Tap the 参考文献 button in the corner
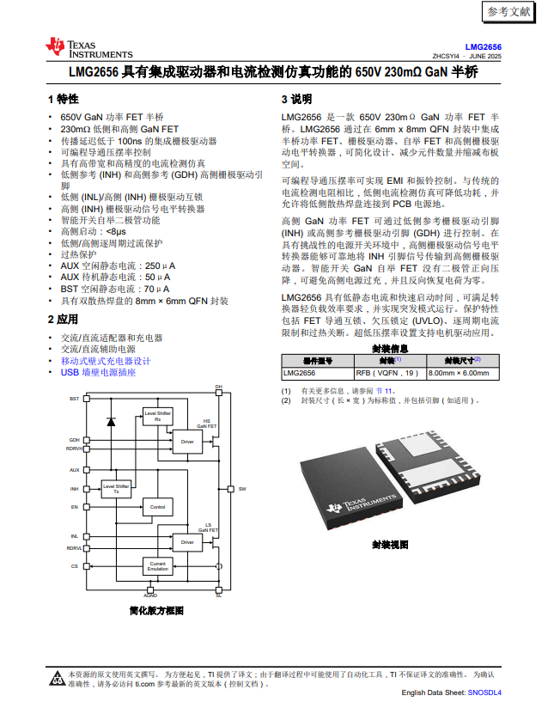pos(508,12)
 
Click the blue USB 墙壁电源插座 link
pos(98,373)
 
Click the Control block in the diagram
pos(157,507)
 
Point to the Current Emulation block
pos(157,566)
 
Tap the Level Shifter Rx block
pos(157,416)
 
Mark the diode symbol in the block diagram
pos(110,422)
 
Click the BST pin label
pos(74,400)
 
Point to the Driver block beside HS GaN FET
pos(187,442)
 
